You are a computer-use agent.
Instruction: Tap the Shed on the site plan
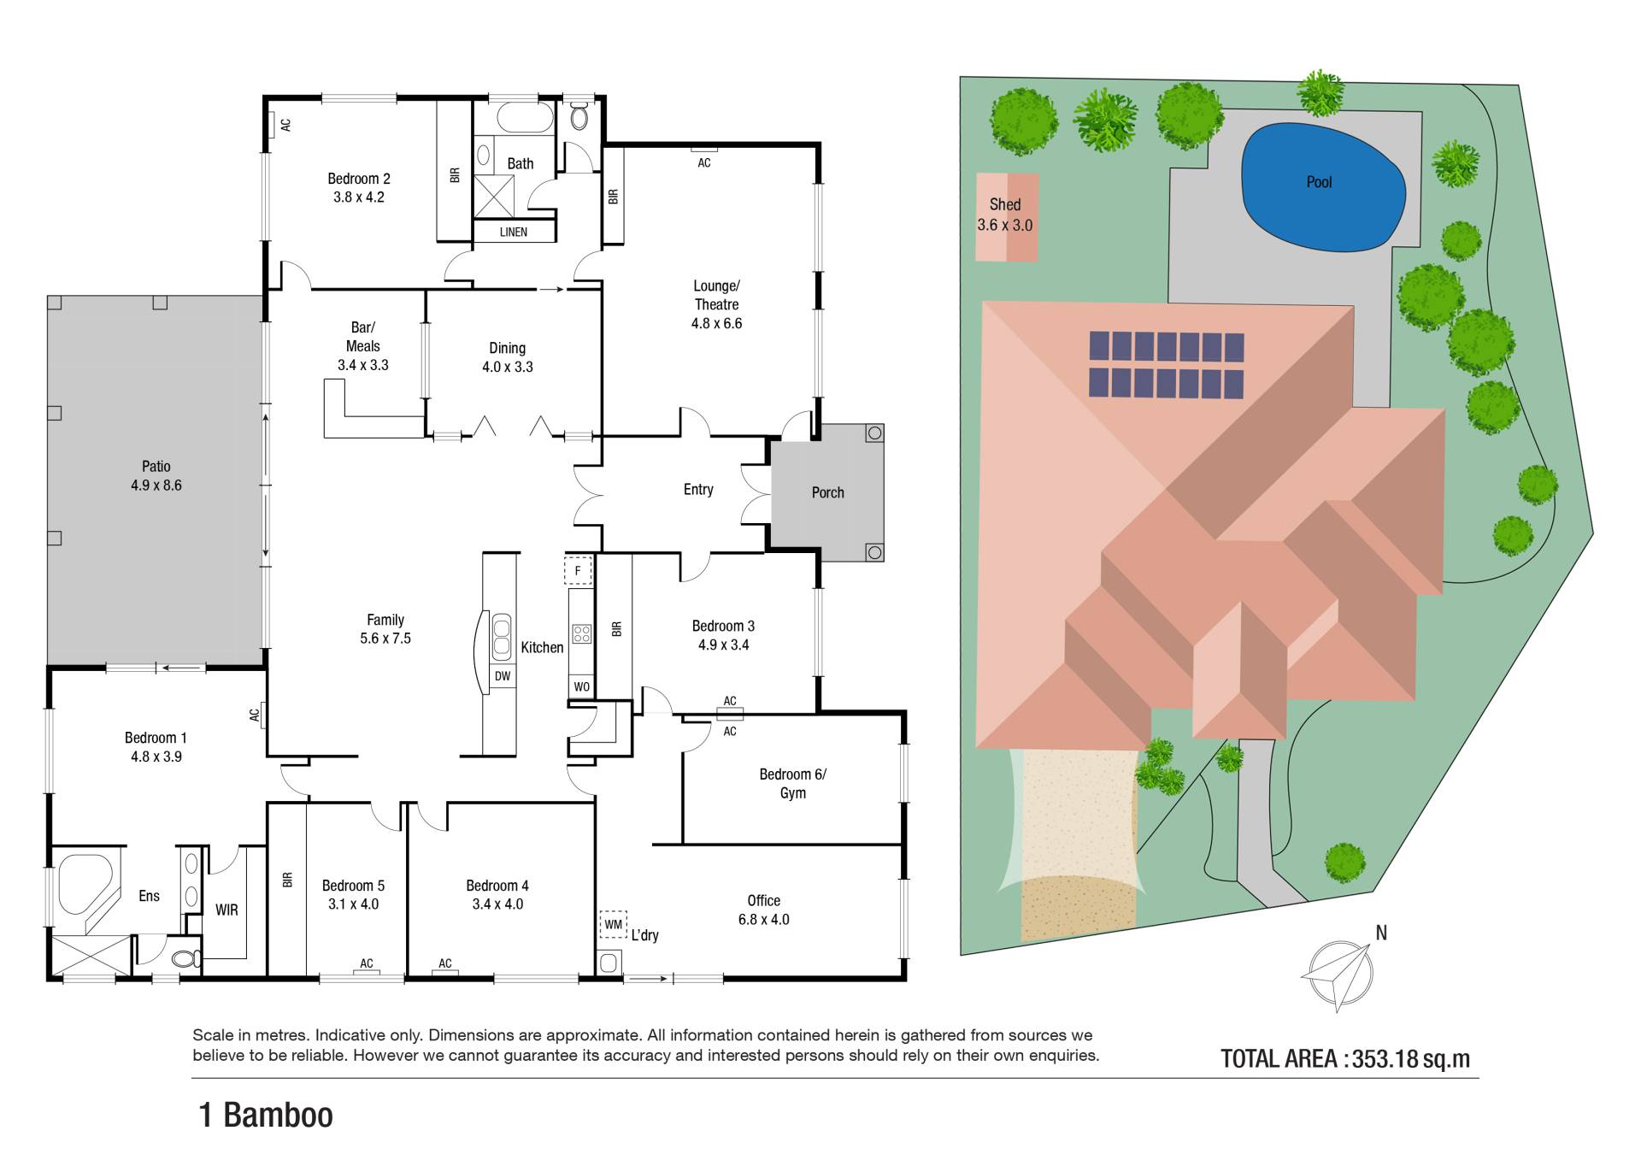[1008, 217]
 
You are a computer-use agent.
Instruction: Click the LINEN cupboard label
[514, 232]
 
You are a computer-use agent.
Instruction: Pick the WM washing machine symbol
[614, 924]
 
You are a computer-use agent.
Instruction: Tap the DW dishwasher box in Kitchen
[503, 676]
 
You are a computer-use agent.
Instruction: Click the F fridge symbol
[579, 571]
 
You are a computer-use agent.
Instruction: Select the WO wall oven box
[581, 686]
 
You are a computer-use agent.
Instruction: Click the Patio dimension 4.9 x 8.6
[156, 485]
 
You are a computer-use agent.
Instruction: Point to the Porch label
[827, 492]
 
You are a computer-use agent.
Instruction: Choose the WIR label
[226, 910]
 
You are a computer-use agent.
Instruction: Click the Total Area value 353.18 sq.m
[1411, 1059]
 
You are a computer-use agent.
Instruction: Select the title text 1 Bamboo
[266, 1116]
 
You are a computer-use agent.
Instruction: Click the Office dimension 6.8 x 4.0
[764, 920]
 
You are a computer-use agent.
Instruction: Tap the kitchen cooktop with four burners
[582, 633]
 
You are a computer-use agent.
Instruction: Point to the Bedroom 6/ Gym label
[793, 783]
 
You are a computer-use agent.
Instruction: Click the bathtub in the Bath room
[526, 118]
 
